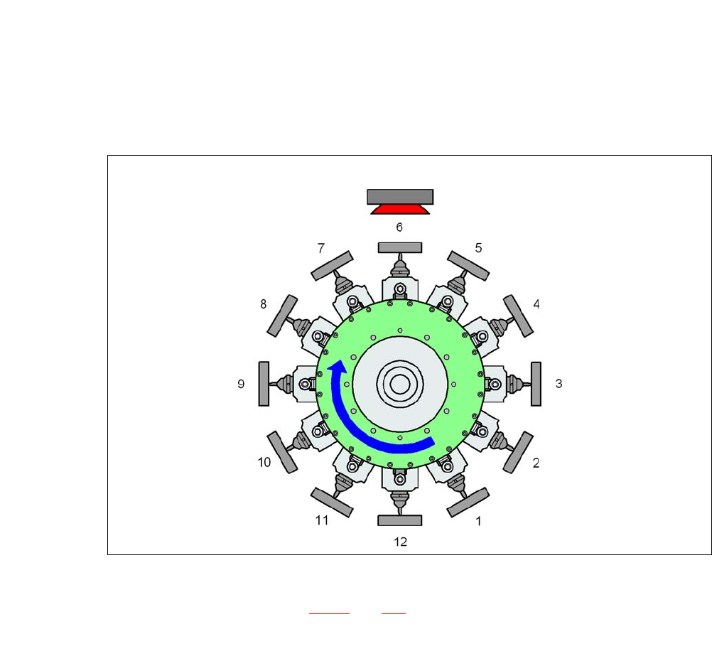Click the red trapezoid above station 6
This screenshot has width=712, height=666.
tap(400, 209)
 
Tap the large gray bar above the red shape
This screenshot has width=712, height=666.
tap(400, 197)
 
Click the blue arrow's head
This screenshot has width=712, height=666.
tap(338, 367)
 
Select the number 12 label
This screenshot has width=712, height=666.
tap(400, 542)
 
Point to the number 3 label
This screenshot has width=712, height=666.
tap(559, 384)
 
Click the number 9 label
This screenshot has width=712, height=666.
tap(241, 384)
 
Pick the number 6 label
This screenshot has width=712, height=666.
tap(399, 227)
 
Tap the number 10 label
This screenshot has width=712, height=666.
tap(264, 463)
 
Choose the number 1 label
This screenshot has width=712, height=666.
tap(478, 521)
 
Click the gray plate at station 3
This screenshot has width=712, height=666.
tap(536, 384)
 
